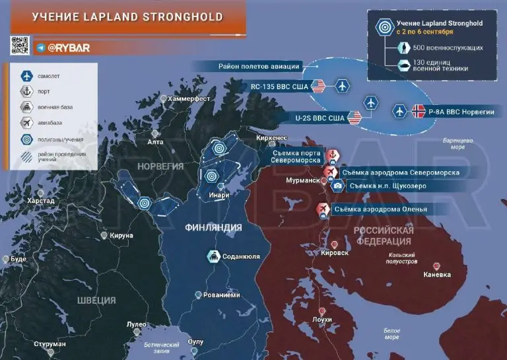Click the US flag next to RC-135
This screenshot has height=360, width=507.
(318, 86)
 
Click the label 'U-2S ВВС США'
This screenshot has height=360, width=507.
(320, 118)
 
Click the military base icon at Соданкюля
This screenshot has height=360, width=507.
(215, 256)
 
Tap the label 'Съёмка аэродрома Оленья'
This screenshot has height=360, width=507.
(380, 210)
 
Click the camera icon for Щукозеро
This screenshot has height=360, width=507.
(337, 186)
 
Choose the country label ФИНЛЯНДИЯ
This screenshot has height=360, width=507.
(213, 228)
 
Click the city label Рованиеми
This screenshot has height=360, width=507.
(221, 295)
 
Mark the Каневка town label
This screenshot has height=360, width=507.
(437, 275)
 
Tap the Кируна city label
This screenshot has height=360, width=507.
(122, 235)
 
